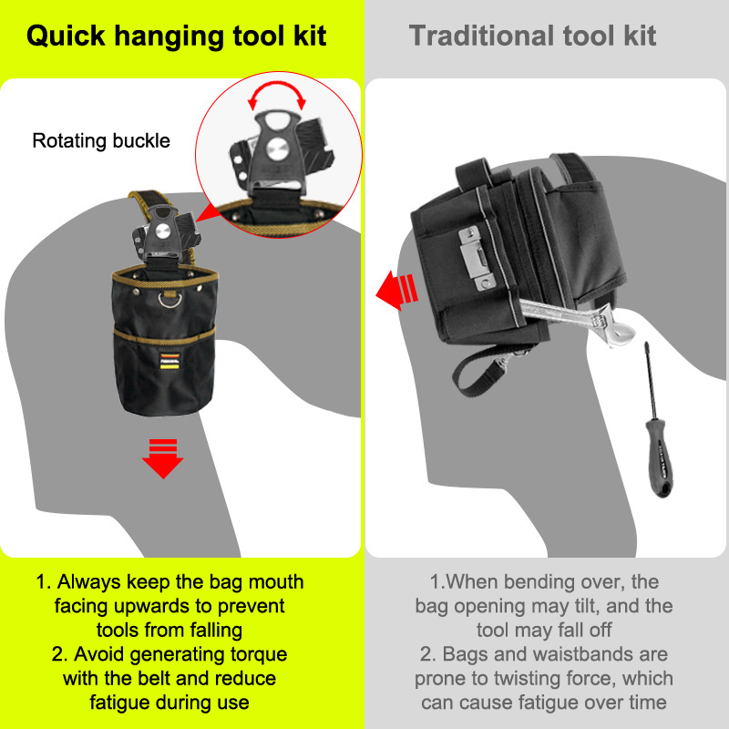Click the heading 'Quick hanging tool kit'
(x=176, y=36)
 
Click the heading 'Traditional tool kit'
(x=532, y=36)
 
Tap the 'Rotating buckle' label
(x=101, y=141)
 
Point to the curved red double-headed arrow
(x=277, y=88)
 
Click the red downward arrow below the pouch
(x=163, y=458)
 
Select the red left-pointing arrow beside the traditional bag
(x=396, y=291)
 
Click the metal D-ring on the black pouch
(x=169, y=299)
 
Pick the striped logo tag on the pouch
(x=169, y=361)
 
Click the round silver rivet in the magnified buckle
(x=277, y=149)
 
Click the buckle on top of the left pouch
(x=164, y=232)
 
